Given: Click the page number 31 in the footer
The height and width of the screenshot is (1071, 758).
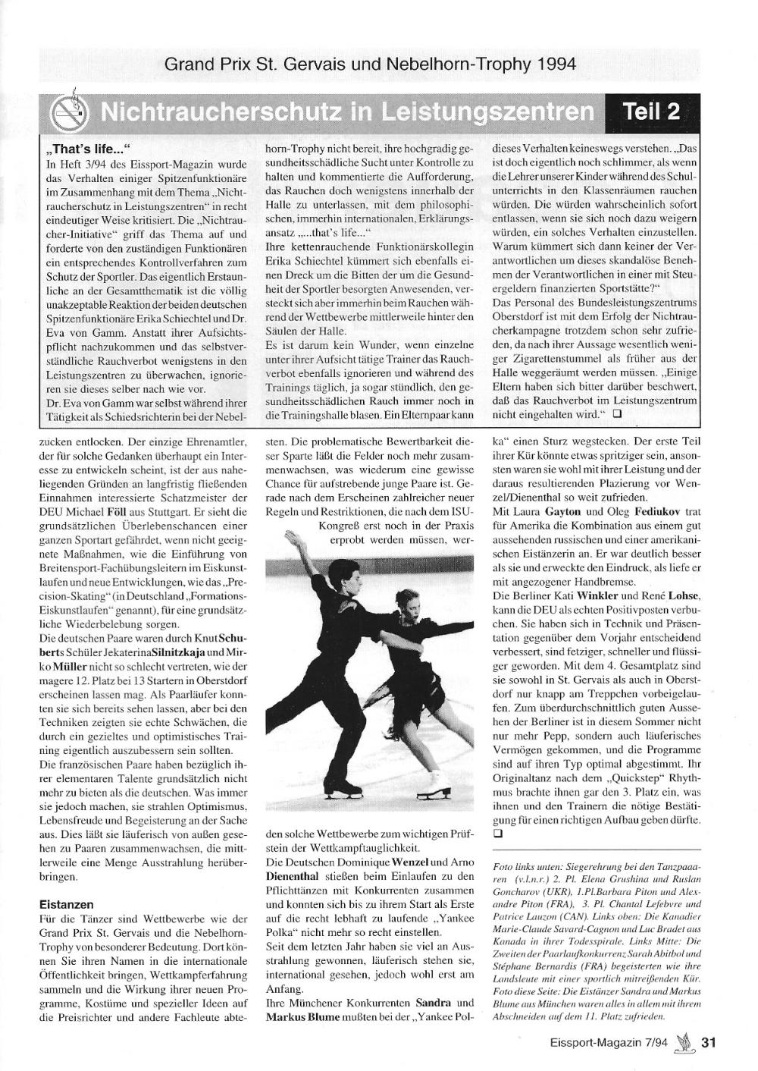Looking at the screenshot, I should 708,1042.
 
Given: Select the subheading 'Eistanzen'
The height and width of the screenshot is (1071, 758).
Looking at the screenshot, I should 66,904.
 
